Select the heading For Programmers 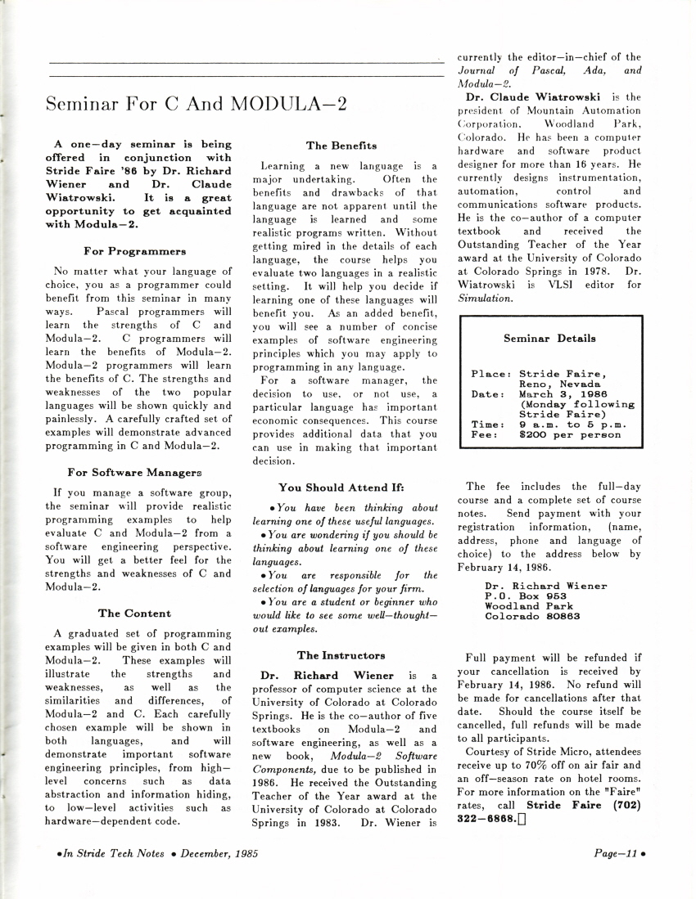pyautogui.click(x=134, y=250)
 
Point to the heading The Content pyautogui.click(x=134, y=613)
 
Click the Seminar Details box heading pyautogui.click(x=549, y=338)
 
